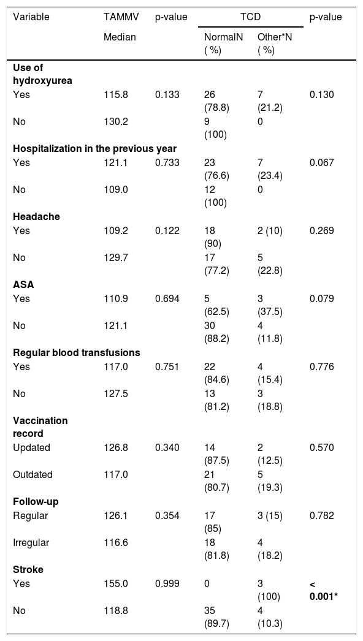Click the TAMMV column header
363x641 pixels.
[121, 17]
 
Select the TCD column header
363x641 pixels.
[251, 17]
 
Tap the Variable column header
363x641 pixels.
[31, 17]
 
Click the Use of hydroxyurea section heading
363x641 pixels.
[42, 74]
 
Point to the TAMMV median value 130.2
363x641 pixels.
[116, 122]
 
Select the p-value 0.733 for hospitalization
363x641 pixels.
[167, 163]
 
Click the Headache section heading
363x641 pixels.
[36, 217]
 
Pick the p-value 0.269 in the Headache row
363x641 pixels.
[322, 230]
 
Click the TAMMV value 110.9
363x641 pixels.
[116, 298]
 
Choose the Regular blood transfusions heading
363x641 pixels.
[77, 352]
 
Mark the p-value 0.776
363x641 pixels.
[322, 366]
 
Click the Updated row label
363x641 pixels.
[31, 447]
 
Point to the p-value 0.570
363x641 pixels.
[322, 447]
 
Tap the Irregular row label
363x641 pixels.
[31, 542]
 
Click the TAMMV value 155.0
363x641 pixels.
[116, 583]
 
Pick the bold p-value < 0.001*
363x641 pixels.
[325, 590]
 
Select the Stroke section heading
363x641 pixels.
[28, 569]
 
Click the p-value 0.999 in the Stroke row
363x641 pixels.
[167, 583]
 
